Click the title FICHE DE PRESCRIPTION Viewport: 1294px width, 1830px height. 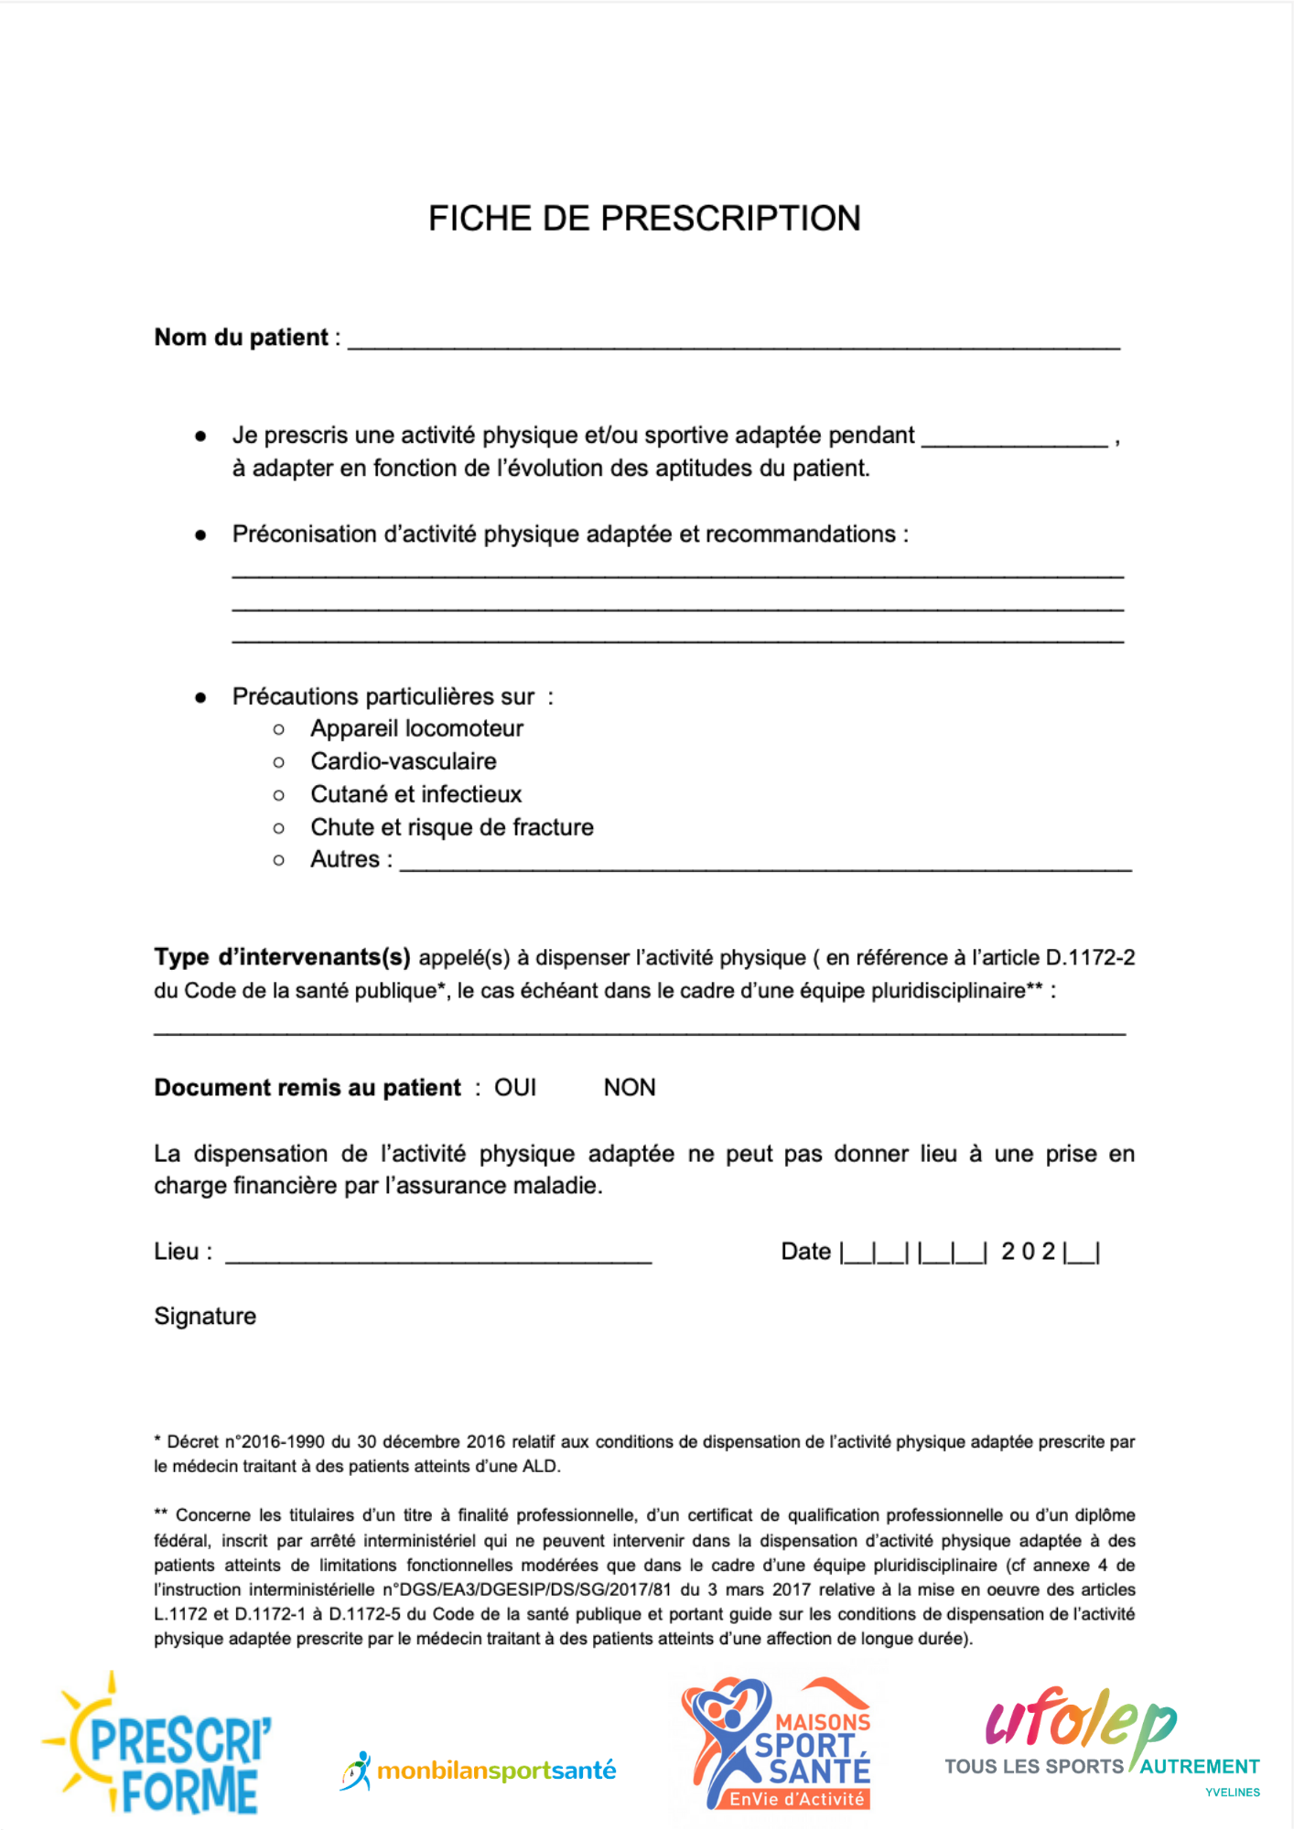pos(644,219)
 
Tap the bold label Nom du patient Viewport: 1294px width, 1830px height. pos(241,338)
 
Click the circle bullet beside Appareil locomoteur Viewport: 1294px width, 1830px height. pos(279,729)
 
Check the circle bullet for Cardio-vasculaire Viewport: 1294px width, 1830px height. pos(279,762)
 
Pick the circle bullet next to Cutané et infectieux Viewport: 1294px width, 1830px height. pos(279,795)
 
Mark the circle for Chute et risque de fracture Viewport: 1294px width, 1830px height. pos(279,828)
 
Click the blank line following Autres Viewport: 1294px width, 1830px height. pos(765,864)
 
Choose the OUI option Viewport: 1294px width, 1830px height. pos(515,1088)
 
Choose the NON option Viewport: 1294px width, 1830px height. pos(630,1088)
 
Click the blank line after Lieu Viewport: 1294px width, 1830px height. pos(438,1256)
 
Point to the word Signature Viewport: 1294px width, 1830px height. pos(205,1317)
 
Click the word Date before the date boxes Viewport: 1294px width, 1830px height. pos(805,1252)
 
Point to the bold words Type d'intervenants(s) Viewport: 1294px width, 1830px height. pos(282,958)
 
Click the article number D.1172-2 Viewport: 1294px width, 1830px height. pos(1090,958)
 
